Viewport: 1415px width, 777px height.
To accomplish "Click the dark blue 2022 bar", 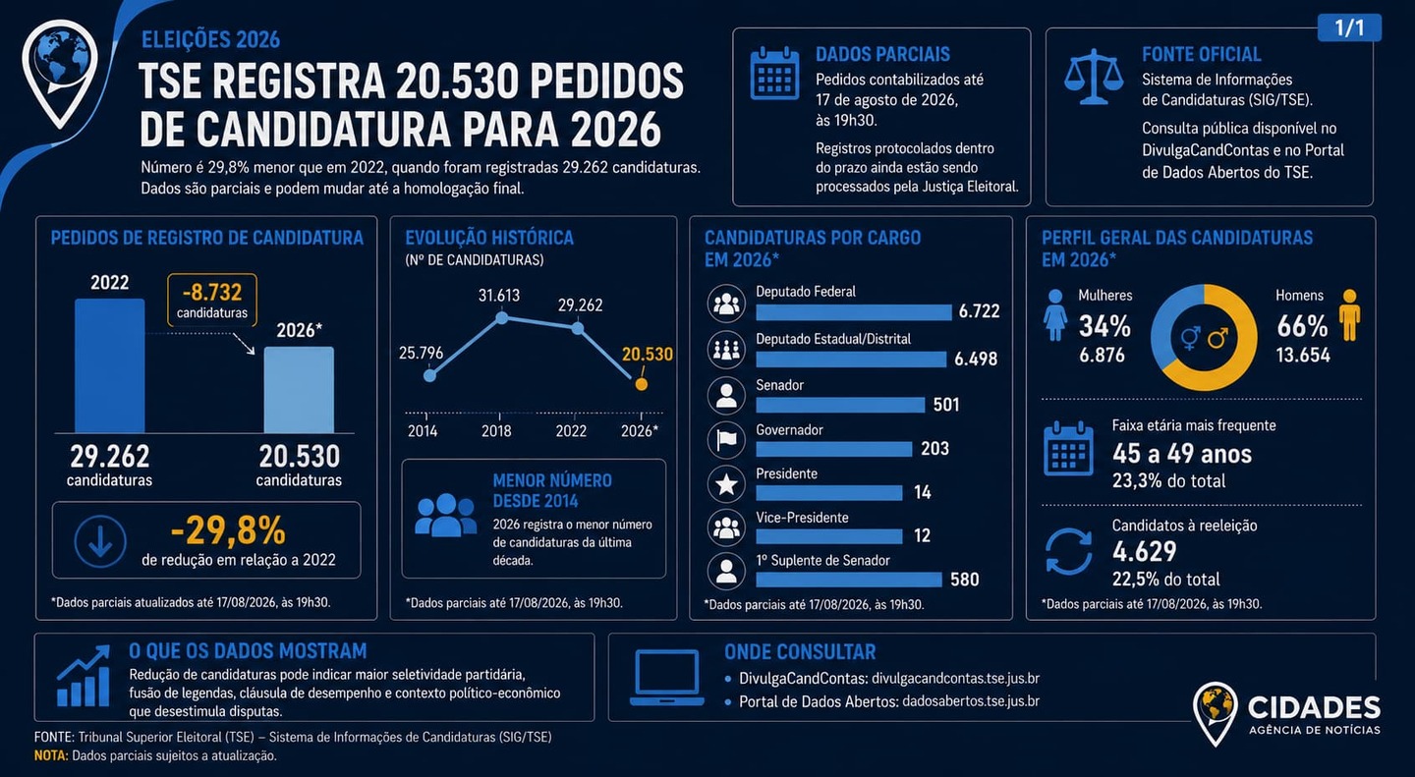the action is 109,365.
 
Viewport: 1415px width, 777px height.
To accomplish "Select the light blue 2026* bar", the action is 299,390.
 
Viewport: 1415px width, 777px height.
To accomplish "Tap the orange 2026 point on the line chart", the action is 641,384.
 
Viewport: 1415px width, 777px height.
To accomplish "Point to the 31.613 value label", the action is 499,295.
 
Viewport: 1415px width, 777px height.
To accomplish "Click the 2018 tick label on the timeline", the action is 496,431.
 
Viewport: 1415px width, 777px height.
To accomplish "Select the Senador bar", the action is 840,405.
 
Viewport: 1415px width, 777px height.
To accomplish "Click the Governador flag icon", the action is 726,439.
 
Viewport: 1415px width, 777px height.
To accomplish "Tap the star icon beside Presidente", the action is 726,484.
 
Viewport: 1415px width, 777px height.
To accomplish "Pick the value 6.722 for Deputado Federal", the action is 979,310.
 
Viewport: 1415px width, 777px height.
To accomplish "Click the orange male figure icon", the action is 1349,315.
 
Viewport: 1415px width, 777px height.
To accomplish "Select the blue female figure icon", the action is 1055,315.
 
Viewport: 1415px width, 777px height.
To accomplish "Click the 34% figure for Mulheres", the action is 1104,326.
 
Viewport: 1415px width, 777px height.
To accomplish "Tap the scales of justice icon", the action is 1094,77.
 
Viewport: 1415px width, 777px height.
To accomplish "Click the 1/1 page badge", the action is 1349,28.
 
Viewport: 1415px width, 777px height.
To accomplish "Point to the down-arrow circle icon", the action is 100,541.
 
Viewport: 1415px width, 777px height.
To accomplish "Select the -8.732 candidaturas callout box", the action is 212,300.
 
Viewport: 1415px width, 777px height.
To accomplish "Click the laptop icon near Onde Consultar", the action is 667,678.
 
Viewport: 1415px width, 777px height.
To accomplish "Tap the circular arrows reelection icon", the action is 1068,551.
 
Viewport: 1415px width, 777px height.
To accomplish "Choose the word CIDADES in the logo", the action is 1314,708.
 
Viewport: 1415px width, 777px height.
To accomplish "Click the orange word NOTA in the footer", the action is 50,755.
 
